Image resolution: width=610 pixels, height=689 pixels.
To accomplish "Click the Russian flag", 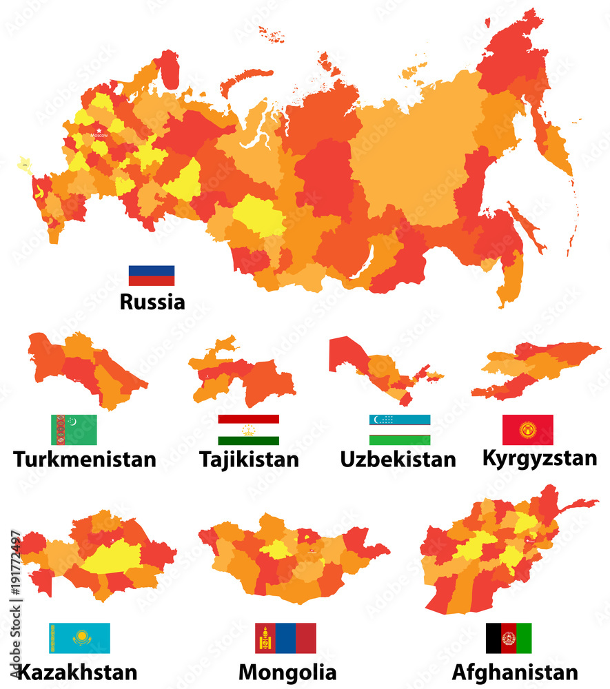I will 152,276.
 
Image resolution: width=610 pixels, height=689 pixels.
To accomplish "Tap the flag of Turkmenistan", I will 74,430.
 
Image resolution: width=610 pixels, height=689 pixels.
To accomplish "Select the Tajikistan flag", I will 248,430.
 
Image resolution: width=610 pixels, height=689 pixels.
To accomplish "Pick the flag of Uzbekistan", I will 400,430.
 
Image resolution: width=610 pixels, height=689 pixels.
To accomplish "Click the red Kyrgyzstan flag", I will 527,430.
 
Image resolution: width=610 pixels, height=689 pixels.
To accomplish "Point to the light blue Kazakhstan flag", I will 79,638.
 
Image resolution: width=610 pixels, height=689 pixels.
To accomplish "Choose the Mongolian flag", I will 285,638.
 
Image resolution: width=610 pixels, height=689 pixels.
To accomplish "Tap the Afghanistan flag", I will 509,638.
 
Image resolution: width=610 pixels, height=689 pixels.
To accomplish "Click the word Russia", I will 152,302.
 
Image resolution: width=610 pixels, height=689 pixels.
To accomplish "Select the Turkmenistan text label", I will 84,459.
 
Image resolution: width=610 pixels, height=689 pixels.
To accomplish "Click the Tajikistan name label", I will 249,459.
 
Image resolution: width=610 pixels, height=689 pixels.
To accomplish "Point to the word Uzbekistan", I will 398,459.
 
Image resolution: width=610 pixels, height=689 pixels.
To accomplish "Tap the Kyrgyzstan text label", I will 540,457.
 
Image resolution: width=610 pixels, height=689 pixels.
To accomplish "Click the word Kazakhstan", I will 77,672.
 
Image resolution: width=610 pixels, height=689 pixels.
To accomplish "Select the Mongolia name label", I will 287,672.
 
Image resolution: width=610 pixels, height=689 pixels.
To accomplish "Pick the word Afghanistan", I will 516,672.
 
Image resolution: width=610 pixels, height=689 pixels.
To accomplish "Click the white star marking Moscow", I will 99,130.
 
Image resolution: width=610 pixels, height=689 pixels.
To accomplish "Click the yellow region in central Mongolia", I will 278,549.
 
